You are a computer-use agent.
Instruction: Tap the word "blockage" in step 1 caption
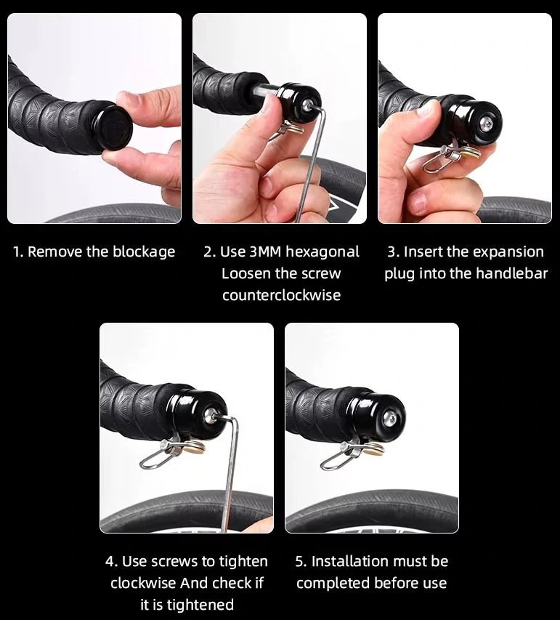144,252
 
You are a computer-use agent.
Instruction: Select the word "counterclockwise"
281,295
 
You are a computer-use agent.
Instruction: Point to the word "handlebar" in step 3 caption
511,273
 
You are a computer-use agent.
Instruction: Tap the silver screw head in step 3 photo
486,125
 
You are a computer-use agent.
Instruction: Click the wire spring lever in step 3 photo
441,160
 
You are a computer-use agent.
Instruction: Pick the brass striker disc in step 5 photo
374,448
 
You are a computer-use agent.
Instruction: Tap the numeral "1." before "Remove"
18,252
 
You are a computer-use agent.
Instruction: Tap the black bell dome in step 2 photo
299,101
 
